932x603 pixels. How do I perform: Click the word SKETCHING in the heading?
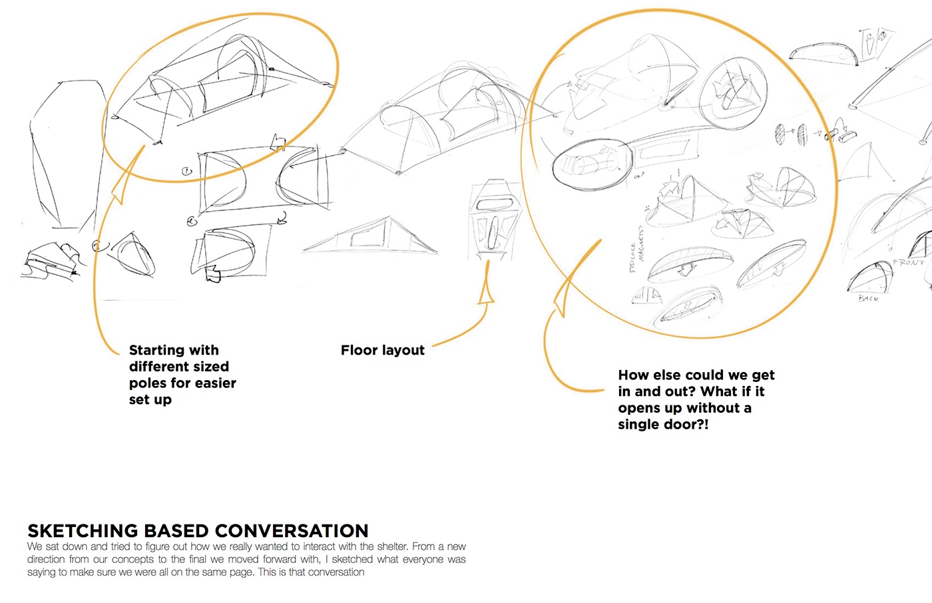(x=83, y=530)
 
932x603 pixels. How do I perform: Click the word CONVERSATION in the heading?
(x=292, y=530)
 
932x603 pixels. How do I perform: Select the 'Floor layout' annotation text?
(x=382, y=350)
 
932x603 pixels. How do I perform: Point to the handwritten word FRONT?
(x=908, y=262)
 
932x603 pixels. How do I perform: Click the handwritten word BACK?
(x=868, y=298)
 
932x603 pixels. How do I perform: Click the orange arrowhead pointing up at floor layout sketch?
(x=487, y=291)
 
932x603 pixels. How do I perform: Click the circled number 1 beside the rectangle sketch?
(x=187, y=172)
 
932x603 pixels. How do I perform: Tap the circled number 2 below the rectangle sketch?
(x=192, y=221)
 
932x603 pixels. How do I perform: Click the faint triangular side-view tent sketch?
(x=370, y=236)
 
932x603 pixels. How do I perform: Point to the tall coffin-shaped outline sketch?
(x=65, y=153)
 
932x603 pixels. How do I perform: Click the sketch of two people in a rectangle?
(x=873, y=43)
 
